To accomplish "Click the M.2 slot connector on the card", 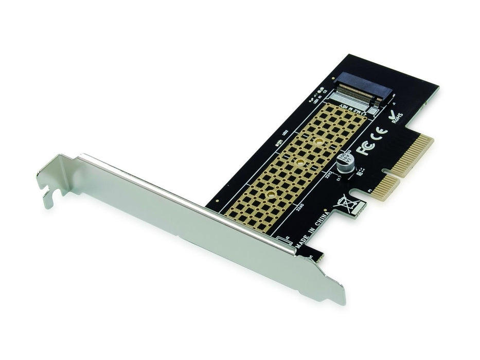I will [x=363, y=91].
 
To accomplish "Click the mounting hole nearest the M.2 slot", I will [x=319, y=140].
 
